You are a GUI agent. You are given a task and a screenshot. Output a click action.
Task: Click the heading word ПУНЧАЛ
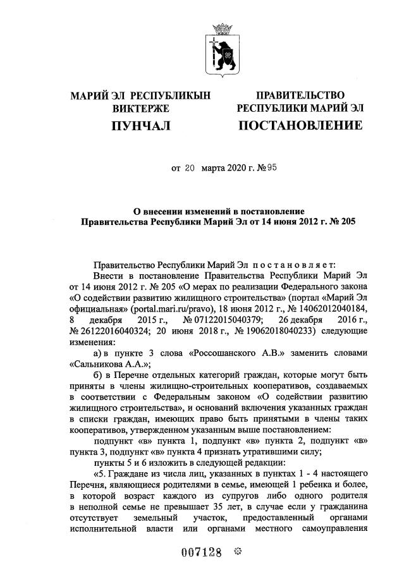coord(140,126)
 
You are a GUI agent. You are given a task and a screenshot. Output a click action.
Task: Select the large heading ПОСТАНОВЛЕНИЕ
coord(300,125)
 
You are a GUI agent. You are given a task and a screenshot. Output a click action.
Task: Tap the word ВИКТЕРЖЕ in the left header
coord(140,108)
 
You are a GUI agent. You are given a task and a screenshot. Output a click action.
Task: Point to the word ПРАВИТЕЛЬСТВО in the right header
coord(300,95)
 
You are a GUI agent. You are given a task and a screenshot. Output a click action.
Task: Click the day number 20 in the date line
coord(191,169)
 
